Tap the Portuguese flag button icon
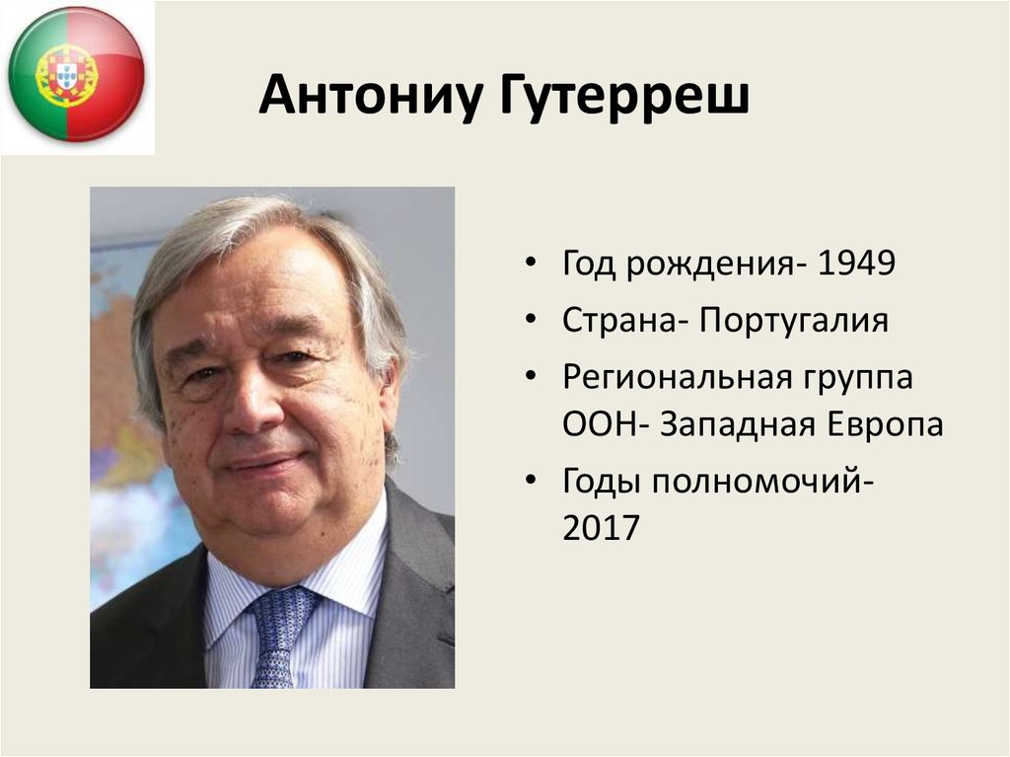click(76, 75)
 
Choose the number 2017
click(602, 529)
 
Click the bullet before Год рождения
click(533, 266)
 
